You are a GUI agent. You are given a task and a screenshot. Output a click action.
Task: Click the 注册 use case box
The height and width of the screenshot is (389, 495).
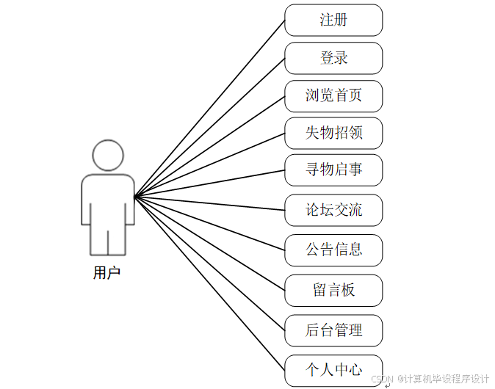click(x=333, y=20)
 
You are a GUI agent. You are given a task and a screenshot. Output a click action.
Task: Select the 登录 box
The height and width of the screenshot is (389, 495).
click(x=333, y=58)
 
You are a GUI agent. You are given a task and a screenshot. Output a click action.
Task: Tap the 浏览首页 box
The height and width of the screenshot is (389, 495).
click(x=333, y=95)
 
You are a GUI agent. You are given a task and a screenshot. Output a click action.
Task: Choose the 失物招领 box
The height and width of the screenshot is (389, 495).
click(x=333, y=133)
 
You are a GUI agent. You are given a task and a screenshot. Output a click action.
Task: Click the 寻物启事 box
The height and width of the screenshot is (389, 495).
click(x=333, y=170)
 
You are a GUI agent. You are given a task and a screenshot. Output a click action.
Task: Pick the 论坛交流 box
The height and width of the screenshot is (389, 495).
click(x=333, y=210)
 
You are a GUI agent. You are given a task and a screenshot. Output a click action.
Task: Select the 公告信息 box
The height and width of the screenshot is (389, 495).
click(x=333, y=250)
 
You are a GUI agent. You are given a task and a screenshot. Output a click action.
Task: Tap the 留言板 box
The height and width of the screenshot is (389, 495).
click(x=333, y=290)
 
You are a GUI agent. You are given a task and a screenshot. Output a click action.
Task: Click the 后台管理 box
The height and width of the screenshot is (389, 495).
click(x=333, y=330)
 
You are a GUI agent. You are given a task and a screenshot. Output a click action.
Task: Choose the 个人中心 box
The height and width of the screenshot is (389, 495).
click(x=333, y=369)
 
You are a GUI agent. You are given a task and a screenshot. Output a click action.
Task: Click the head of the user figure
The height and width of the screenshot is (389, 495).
click(x=107, y=155)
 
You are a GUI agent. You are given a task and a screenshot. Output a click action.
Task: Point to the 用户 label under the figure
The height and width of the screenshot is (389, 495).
click(x=106, y=273)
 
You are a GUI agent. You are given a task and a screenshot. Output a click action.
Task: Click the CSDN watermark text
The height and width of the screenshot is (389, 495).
click(x=430, y=379)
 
